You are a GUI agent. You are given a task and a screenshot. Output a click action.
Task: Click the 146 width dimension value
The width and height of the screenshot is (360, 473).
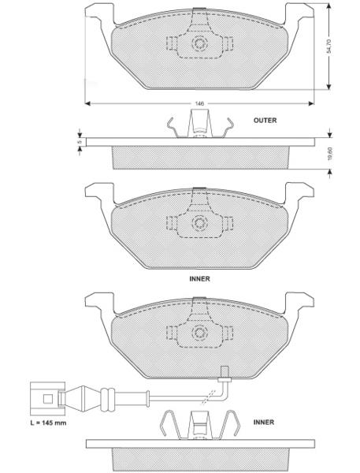point(199,103)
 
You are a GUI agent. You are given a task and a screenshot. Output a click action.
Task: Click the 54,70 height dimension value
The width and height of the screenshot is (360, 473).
point(329,47)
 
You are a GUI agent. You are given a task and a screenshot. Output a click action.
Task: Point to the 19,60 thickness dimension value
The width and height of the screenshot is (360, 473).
point(330,154)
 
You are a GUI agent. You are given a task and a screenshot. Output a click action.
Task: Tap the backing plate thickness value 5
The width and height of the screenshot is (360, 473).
point(80,142)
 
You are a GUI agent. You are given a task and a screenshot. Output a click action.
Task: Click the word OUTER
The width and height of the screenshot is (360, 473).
point(265,121)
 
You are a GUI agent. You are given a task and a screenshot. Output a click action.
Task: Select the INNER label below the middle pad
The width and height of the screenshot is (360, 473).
point(199,279)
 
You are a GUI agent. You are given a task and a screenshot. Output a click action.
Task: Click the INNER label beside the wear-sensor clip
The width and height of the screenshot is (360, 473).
point(264,422)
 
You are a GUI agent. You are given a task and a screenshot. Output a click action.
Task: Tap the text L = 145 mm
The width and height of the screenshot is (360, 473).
point(49,423)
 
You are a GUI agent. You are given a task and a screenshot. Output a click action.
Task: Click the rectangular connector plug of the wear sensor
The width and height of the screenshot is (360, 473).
point(47,399)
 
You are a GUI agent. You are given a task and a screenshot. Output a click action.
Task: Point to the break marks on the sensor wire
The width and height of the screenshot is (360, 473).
point(208,397)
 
